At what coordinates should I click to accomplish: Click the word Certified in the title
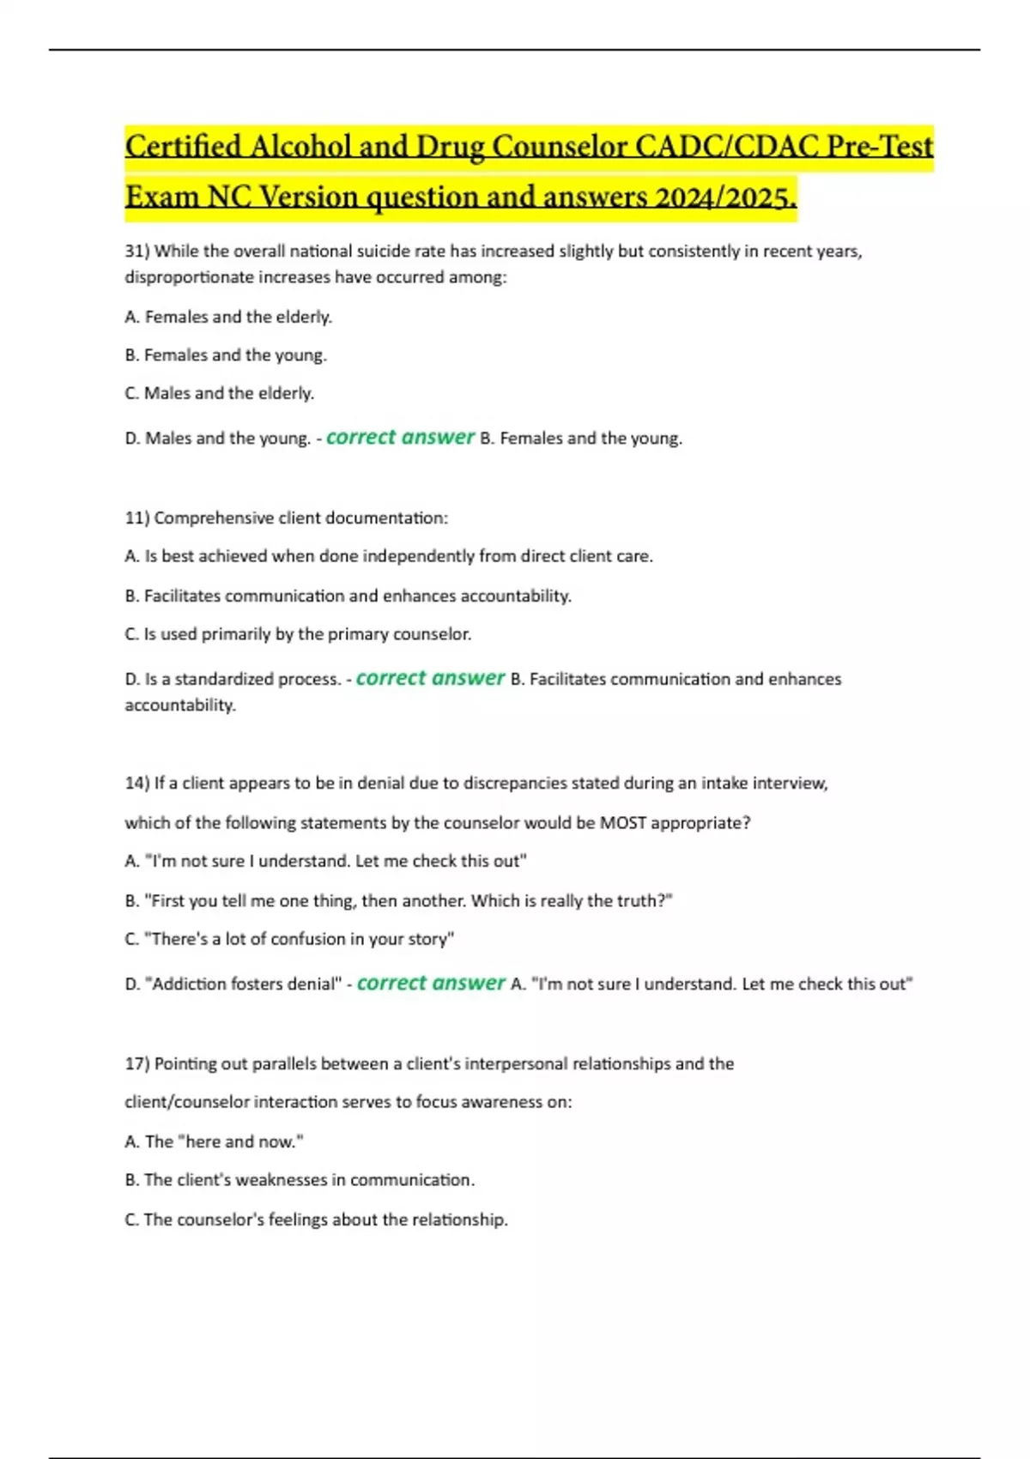pos(183,147)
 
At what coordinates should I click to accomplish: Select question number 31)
pos(137,251)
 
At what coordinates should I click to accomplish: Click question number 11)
pos(137,518)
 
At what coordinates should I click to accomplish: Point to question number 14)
pos(137,784)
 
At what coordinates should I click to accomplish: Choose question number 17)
pos(137,1064)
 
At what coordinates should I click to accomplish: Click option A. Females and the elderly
pos(228,318)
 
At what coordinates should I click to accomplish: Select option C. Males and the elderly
pos(220,394)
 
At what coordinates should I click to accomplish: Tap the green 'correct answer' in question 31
pos(400,438)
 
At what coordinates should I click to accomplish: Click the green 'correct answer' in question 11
pos(430,679)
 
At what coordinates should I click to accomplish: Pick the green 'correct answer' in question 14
pos(431,984)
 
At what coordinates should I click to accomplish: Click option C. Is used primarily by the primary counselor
pos(298,635)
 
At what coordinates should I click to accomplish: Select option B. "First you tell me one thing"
pos(398,901)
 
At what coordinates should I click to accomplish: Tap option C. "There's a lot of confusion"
pos(289,940)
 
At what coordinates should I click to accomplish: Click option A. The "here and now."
pos(214,1142)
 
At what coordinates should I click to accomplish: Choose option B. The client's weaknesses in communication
pos(300,1181)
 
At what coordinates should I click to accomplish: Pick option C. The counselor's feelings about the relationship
pos(316,1220)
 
